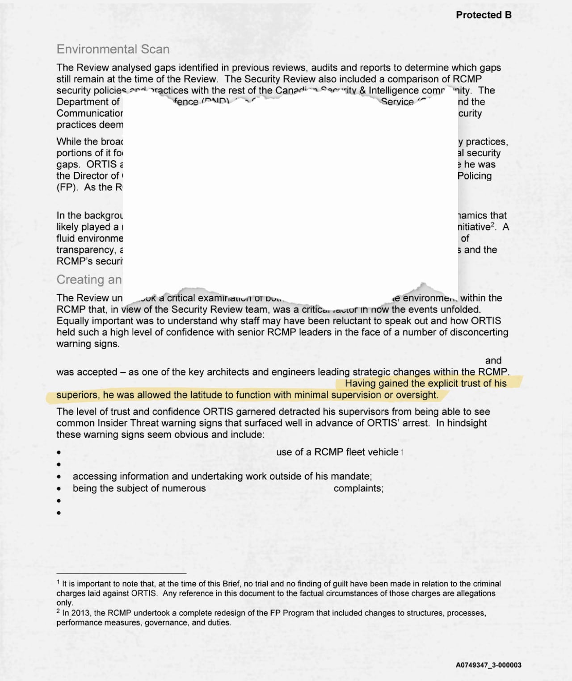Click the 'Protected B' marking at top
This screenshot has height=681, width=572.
pyautogui.click(x=484, y=15)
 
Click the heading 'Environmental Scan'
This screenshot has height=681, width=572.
pyautogui.click(x=113, y=49)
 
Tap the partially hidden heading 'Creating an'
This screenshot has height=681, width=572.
pyautogui.click(x=89, y=280)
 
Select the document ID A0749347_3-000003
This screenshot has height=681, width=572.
pyautogui.click(x=488, y=665)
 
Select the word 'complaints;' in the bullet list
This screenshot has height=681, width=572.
pyautogui.click(x=358, y=489)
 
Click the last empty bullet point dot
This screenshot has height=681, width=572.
pyautogui.click(x=59, y=513)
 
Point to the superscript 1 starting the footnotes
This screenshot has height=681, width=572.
pyautogui.click(x=58, y=582)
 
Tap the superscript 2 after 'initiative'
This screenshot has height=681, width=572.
pyautogui.click(x=492, y=225)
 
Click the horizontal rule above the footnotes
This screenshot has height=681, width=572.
pyautogui.click(x=121, y=573)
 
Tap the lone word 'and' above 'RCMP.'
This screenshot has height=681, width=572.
pyautogui.click(x=493, y=361)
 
